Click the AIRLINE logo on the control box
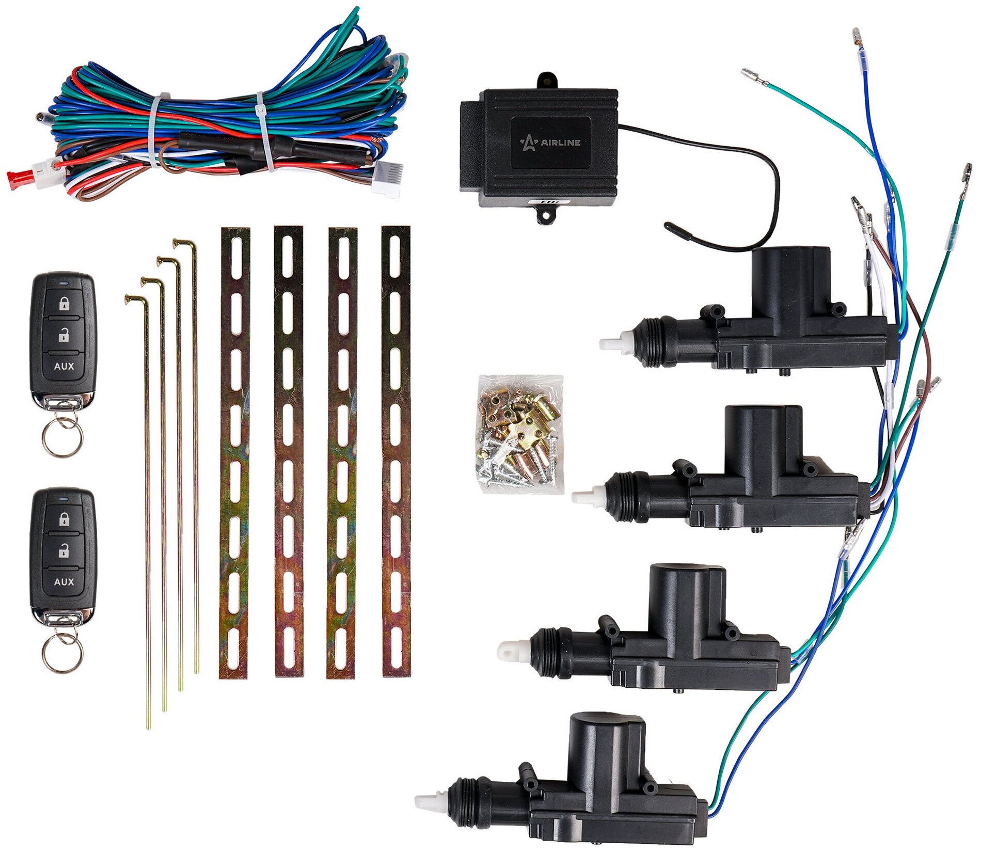550,142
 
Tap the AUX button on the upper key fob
64,366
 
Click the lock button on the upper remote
64,304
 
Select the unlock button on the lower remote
64,551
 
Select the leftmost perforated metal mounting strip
235,452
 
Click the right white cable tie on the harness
265,132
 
